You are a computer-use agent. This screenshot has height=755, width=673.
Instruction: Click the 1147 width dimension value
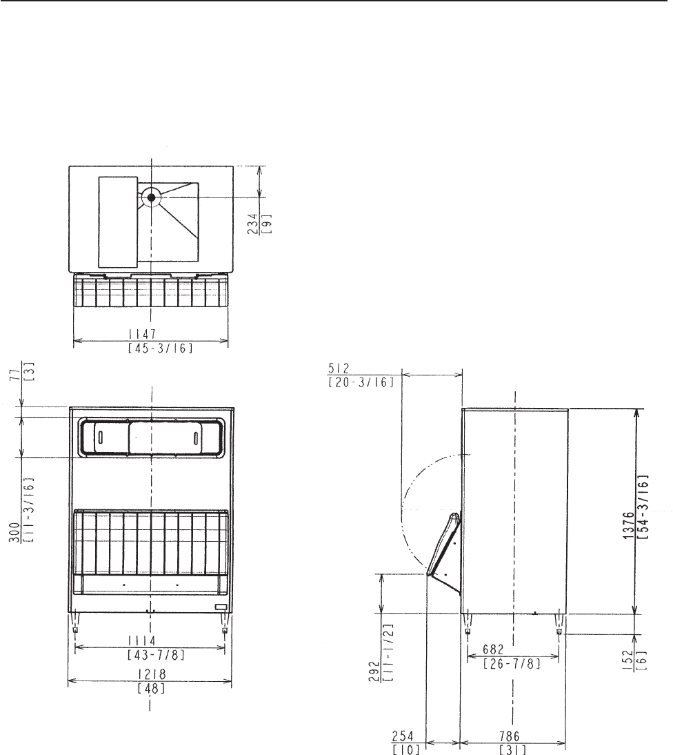point(142,334)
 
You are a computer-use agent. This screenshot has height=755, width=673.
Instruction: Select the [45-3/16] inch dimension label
point(161,348)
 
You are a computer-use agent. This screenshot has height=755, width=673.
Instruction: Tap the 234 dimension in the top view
point(253,224)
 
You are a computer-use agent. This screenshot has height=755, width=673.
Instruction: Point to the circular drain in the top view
point(152,197)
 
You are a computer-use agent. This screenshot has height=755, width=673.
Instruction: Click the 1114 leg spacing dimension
point(142,641)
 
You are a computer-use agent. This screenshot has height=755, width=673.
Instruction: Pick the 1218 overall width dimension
point(152,674)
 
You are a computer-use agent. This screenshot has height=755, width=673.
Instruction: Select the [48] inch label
point(151,689)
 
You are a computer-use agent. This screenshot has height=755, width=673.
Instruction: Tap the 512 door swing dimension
point(339,369)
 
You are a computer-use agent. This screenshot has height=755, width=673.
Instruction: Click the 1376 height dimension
point(629,525)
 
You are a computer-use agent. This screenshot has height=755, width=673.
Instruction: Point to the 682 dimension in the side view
point(493,649)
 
